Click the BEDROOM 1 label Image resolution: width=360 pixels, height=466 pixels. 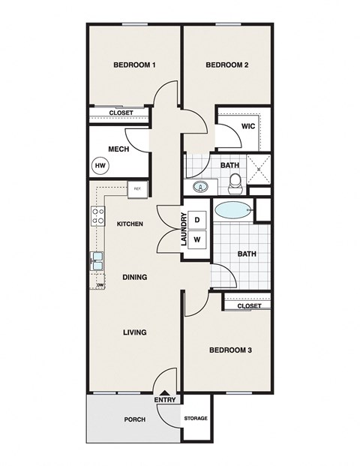134,65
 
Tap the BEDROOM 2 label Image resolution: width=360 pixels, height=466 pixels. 227,65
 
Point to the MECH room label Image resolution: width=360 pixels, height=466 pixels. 118,149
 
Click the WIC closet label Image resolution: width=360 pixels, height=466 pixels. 249,126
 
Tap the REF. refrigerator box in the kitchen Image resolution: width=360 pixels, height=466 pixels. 137,189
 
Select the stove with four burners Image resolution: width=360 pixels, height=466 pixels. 97,216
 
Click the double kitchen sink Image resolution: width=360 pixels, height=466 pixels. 97,260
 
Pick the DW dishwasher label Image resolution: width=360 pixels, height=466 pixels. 100,286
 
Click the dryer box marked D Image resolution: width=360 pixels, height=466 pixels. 197,220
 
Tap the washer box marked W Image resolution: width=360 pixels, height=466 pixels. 197,240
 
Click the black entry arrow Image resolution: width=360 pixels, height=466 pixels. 165,392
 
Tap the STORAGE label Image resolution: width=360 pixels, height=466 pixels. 196,419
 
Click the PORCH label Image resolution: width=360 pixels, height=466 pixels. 135,419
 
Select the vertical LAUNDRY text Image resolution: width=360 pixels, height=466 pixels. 183,230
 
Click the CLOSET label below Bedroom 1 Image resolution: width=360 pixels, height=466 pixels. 121,113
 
